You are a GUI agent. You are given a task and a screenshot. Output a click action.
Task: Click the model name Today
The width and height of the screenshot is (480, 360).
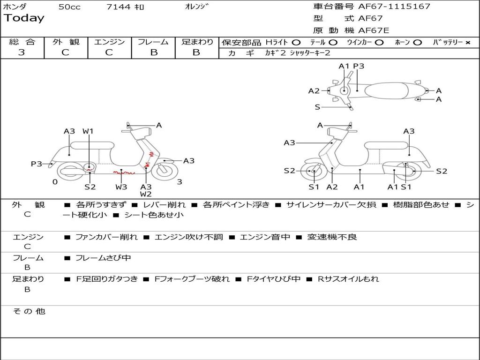24,18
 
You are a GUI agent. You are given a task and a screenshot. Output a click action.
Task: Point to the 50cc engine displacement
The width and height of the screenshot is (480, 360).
69,7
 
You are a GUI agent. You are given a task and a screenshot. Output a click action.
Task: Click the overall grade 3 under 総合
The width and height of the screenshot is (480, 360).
22,52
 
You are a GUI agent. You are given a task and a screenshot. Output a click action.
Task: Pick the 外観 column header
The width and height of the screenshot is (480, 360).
66,42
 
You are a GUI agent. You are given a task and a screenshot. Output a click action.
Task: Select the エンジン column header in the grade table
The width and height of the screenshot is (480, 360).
109,42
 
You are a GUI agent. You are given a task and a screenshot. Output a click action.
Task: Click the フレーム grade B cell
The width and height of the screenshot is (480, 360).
153,52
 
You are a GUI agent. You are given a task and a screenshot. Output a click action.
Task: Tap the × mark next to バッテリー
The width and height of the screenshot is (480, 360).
467,42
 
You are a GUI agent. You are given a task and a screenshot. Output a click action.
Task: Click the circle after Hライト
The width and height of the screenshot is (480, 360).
296,42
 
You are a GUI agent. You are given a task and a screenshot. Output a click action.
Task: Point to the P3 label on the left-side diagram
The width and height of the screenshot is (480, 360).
37,164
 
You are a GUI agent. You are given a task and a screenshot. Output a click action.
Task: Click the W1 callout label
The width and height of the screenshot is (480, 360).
88,131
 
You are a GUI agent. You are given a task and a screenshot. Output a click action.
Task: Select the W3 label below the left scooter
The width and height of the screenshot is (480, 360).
121,187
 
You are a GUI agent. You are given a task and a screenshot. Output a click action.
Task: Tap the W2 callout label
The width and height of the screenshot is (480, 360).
146,194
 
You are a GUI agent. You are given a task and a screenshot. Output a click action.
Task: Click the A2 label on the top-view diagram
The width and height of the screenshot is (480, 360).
314,91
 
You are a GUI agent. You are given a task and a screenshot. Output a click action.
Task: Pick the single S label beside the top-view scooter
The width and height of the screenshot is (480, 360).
317,107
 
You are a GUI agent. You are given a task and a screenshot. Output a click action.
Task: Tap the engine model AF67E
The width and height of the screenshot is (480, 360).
374,30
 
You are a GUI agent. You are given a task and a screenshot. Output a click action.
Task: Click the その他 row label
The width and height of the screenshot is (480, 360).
29,311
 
